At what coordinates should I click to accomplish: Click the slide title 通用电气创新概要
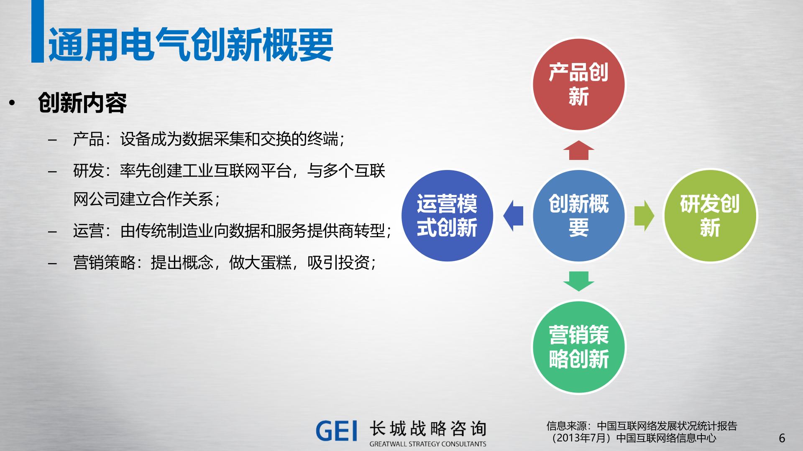click(191, 45)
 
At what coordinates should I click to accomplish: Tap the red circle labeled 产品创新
click(578, 84)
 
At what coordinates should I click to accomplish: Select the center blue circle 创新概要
click(578, 215)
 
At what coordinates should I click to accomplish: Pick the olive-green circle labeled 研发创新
click(710, 215)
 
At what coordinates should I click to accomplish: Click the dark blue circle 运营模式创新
click(447, 215)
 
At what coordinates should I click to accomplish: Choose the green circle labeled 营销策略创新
click(578, 347)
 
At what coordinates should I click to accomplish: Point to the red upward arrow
click(578, 150)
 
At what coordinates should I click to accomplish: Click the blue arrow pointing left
click(514, 215)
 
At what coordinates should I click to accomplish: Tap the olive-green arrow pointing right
click(644, 215)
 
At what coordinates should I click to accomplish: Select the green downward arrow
click(578, 281)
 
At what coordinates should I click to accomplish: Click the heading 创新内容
click(82, 103)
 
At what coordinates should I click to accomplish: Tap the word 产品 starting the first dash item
click(88, 139)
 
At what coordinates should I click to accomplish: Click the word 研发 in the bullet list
click(88, 171)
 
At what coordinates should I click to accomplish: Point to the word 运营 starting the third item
click(88, 231)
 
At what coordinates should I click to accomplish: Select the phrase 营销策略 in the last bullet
click(104, 263)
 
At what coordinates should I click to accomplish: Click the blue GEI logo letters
click(337, 431)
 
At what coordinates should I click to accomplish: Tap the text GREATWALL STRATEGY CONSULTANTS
click(427, 444)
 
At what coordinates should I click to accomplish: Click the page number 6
click(782, 438)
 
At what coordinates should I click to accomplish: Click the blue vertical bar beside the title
click(38, 31)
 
